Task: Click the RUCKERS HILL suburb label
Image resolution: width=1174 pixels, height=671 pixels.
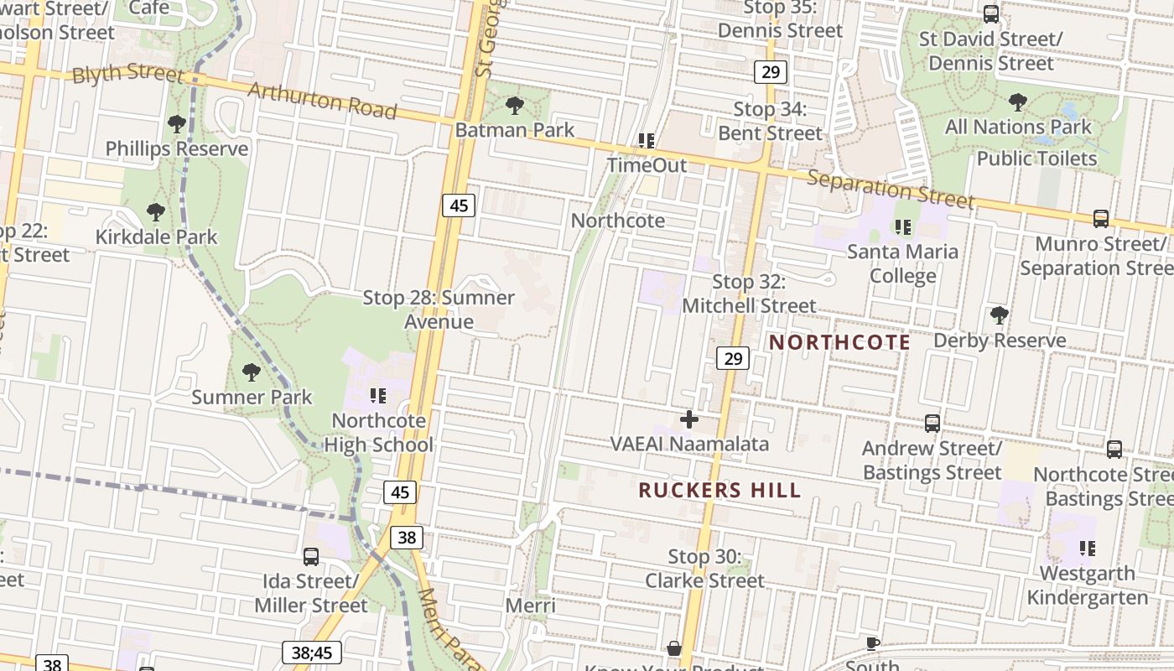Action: point(719,491)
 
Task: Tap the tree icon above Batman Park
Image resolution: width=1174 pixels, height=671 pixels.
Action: point(515,106)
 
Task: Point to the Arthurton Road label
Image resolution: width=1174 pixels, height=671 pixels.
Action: point(323,101)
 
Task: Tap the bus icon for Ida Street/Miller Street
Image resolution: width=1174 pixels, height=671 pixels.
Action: point(311,556)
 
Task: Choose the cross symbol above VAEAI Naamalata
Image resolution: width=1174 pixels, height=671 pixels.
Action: point(689,419)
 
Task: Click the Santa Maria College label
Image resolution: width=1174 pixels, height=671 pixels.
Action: point(902,263)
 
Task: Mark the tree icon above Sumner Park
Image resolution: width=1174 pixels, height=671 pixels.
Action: point(251,372)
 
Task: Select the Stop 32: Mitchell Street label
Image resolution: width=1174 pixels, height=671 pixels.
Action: point(749,294)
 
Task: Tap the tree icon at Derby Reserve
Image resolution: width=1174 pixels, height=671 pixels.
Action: point(999,315)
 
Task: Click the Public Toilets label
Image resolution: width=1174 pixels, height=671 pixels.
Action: point(1036,159)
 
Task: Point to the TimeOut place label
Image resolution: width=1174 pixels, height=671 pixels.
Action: point(647,165)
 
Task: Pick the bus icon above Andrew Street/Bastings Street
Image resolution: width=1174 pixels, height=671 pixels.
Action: point(932,424)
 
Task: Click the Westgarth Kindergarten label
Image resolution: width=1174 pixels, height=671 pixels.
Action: point(1088,585)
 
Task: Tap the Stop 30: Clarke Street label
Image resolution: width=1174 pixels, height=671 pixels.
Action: point(704,569)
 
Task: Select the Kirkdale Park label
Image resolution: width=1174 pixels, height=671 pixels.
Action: point(156,237)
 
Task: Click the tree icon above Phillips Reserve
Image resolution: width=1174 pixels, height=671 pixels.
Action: point(176,124)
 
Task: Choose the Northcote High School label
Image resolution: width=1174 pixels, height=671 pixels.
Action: point(379,433)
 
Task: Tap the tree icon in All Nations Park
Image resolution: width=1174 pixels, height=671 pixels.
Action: point(1018,102)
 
